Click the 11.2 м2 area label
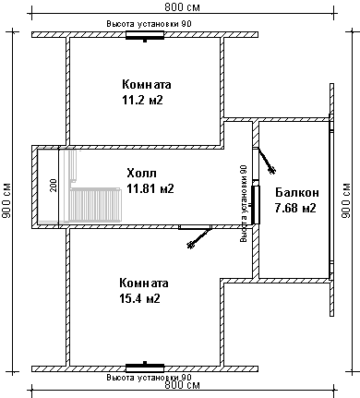click(142, 100)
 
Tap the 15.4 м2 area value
click(139, 298)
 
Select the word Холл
click(141, 173)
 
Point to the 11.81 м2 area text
click(150, 188)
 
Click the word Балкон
click(297, 193)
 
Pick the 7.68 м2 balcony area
click(295, 208)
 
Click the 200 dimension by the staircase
click(54, 186)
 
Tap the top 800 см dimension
click(182, 7)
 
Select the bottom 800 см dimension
click(182, 385)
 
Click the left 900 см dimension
click(6, 200)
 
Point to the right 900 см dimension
click(346, 200)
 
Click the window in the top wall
click(145, 35)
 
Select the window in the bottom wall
click(145, 368)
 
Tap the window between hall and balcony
click(256, 205)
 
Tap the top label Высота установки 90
click(149, 24)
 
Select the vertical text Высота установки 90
click(244, 203)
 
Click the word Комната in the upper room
click(147, 84)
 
